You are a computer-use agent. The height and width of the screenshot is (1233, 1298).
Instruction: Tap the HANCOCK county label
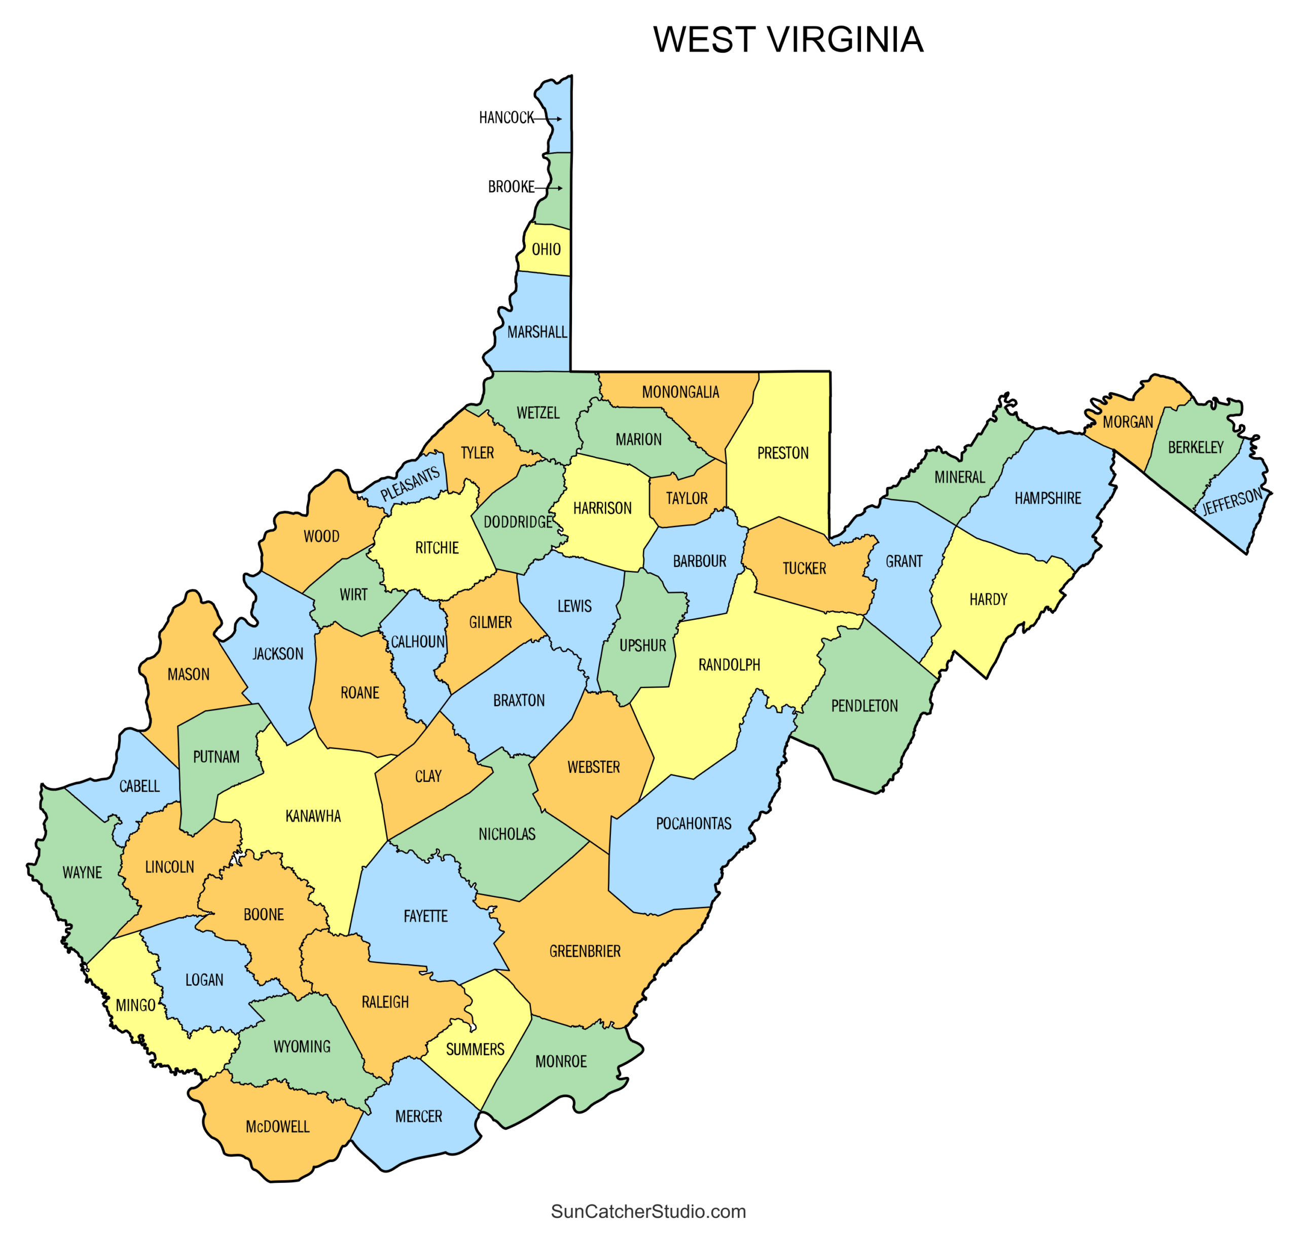(507, 118)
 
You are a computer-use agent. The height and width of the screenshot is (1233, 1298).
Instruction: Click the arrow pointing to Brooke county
(549, 188)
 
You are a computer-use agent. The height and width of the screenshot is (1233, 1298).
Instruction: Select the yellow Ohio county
(546, 249)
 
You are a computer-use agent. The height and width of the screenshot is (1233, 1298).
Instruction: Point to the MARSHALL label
(536, 332)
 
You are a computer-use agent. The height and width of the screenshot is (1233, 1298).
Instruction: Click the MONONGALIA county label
(680, 392)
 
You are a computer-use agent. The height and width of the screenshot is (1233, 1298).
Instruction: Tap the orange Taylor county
(687, 498)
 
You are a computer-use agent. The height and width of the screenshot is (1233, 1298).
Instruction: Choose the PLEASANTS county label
(410, 484)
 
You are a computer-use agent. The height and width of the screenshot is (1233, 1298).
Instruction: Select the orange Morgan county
(1128, 421)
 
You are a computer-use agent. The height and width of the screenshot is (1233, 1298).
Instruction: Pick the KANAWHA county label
(313, 816)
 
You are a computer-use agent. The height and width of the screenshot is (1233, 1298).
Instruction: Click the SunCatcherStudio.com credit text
(648, 1211)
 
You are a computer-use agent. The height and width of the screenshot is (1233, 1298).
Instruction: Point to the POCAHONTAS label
(694, 824)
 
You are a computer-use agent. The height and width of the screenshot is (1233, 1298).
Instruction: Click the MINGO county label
(135, 1005)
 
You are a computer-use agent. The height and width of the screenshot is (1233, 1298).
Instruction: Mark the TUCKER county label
(804, 569)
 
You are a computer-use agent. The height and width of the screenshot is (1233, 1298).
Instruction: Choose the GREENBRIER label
(585, 951)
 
